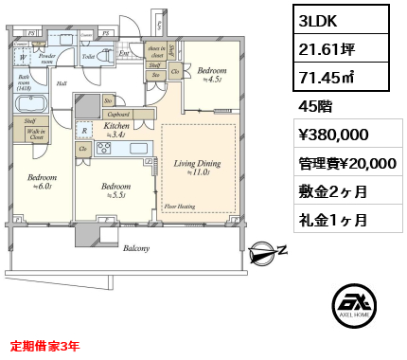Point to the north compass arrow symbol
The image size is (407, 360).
pyautogui.click(x=269, y=251)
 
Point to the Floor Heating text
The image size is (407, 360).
pyautogui.click(x=180, y=206)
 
